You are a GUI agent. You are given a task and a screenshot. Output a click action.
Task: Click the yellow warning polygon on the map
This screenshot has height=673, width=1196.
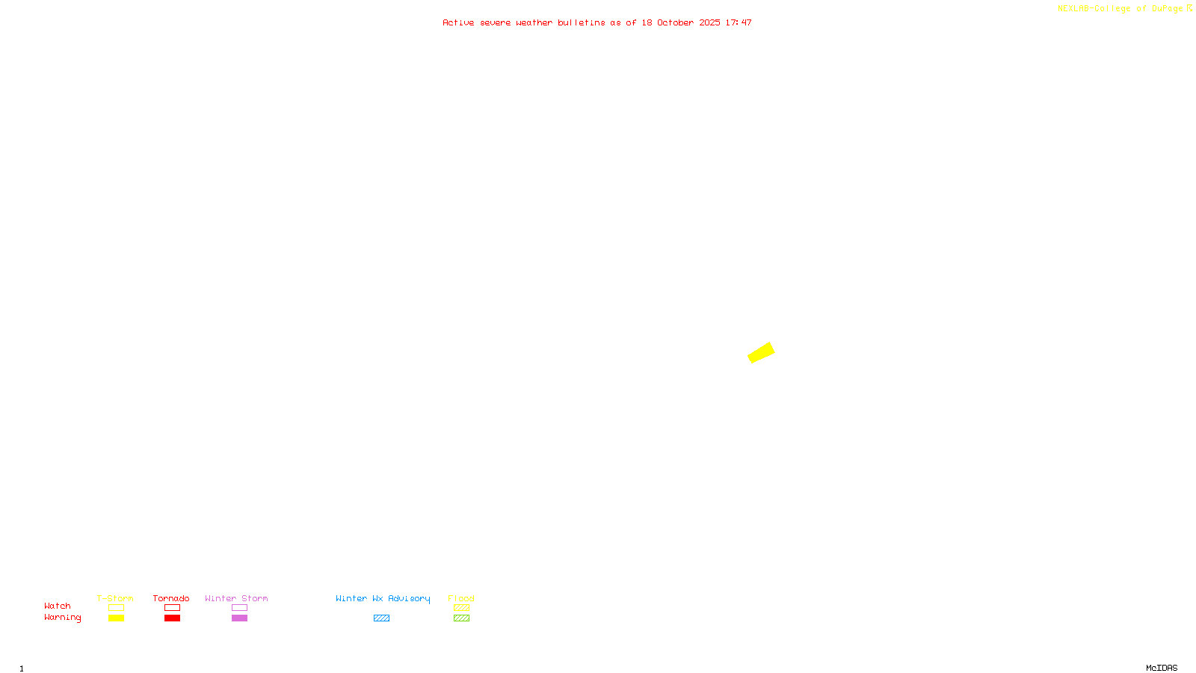[x=761, y=352]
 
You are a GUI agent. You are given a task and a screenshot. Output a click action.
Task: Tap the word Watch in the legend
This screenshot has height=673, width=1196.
[x=58, y=606]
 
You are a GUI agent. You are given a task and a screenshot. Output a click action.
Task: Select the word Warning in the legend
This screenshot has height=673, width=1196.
[x=62, y=618]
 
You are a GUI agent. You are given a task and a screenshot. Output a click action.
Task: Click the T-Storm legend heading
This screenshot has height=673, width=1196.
[x=115, y=598]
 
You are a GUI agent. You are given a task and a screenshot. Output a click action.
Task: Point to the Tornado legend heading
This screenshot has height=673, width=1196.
[x=171, y=598]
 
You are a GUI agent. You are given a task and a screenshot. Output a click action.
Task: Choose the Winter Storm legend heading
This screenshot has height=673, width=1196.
[x=236, y=598]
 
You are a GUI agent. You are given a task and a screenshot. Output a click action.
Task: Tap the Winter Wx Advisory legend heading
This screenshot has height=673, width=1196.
[x=383, y=598]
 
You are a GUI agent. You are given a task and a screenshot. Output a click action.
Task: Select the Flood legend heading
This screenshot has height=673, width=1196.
[x=461, y=598]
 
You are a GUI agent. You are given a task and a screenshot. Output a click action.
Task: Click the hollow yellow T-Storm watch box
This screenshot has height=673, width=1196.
[x=116, y=608]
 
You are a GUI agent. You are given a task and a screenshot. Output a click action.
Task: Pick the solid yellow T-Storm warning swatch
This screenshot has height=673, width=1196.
[x=116, y=618]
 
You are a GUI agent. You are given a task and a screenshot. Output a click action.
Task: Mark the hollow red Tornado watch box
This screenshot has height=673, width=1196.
[x=172, y=608]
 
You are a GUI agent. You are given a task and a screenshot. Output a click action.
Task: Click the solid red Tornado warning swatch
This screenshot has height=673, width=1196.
[x=172, y=618]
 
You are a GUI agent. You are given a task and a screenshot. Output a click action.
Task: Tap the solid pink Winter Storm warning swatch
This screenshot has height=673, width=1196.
[x=239, y=618]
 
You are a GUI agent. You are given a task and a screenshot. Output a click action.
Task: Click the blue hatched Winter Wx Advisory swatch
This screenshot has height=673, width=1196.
[x=381, y=618]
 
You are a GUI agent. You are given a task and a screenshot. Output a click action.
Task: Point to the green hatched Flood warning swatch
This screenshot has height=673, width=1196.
[x=461, y=618]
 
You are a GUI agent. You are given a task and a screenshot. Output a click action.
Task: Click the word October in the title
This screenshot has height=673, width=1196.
[x=675, y=22]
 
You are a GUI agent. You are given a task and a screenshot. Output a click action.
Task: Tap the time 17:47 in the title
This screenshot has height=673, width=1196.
[x=739, y=22]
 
